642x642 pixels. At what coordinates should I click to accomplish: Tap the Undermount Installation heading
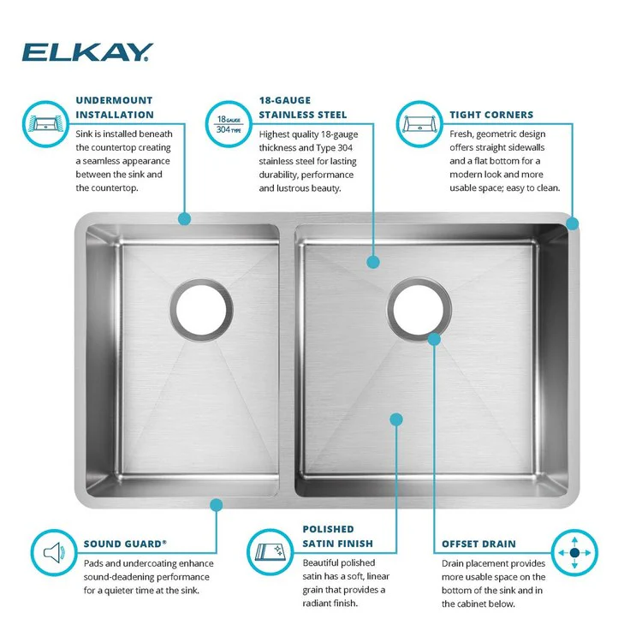point(115,107)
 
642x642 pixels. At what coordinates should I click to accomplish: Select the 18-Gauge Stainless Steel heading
point(302,107)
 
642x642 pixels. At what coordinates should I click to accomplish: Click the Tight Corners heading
point(490,115)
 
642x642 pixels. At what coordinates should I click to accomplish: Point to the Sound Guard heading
point(125,543)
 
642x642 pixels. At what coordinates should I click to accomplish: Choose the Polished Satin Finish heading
point(337,536)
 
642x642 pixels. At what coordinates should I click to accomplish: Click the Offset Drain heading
point(479,544)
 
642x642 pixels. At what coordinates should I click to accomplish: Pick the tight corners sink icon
point(419,122)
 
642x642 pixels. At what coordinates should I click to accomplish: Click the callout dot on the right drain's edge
point(434,339)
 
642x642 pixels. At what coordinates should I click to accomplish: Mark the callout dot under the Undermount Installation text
point(184,219)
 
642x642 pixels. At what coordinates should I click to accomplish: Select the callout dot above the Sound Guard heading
point(217,505)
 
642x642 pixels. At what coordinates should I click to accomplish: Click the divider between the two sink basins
point(288,360)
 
